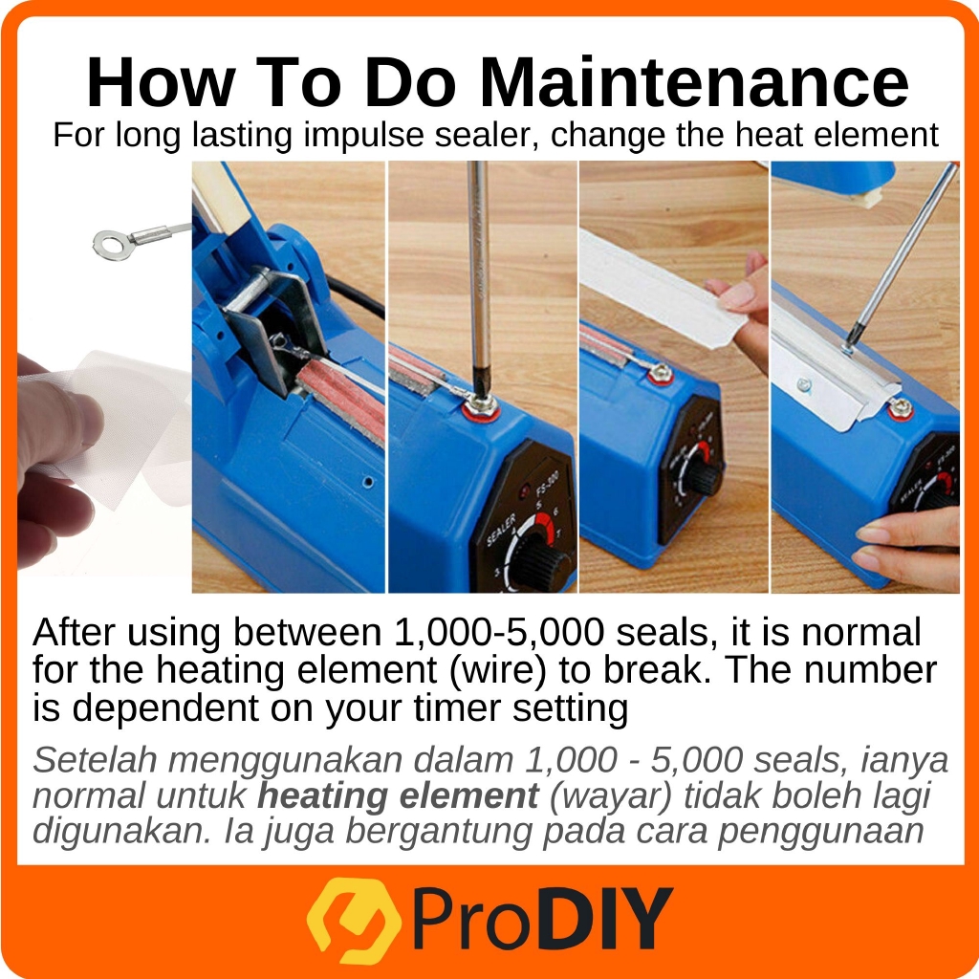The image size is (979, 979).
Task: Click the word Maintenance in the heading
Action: tap(694, 83)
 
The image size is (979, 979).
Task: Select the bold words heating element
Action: tap(398, 796)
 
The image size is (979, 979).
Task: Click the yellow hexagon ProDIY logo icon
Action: tap(354, 921)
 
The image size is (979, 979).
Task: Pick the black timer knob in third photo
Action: tap(703, 478)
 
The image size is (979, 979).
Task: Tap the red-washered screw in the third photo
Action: tap(661, 374)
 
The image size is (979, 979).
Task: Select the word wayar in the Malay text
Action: tap(611, 796)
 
